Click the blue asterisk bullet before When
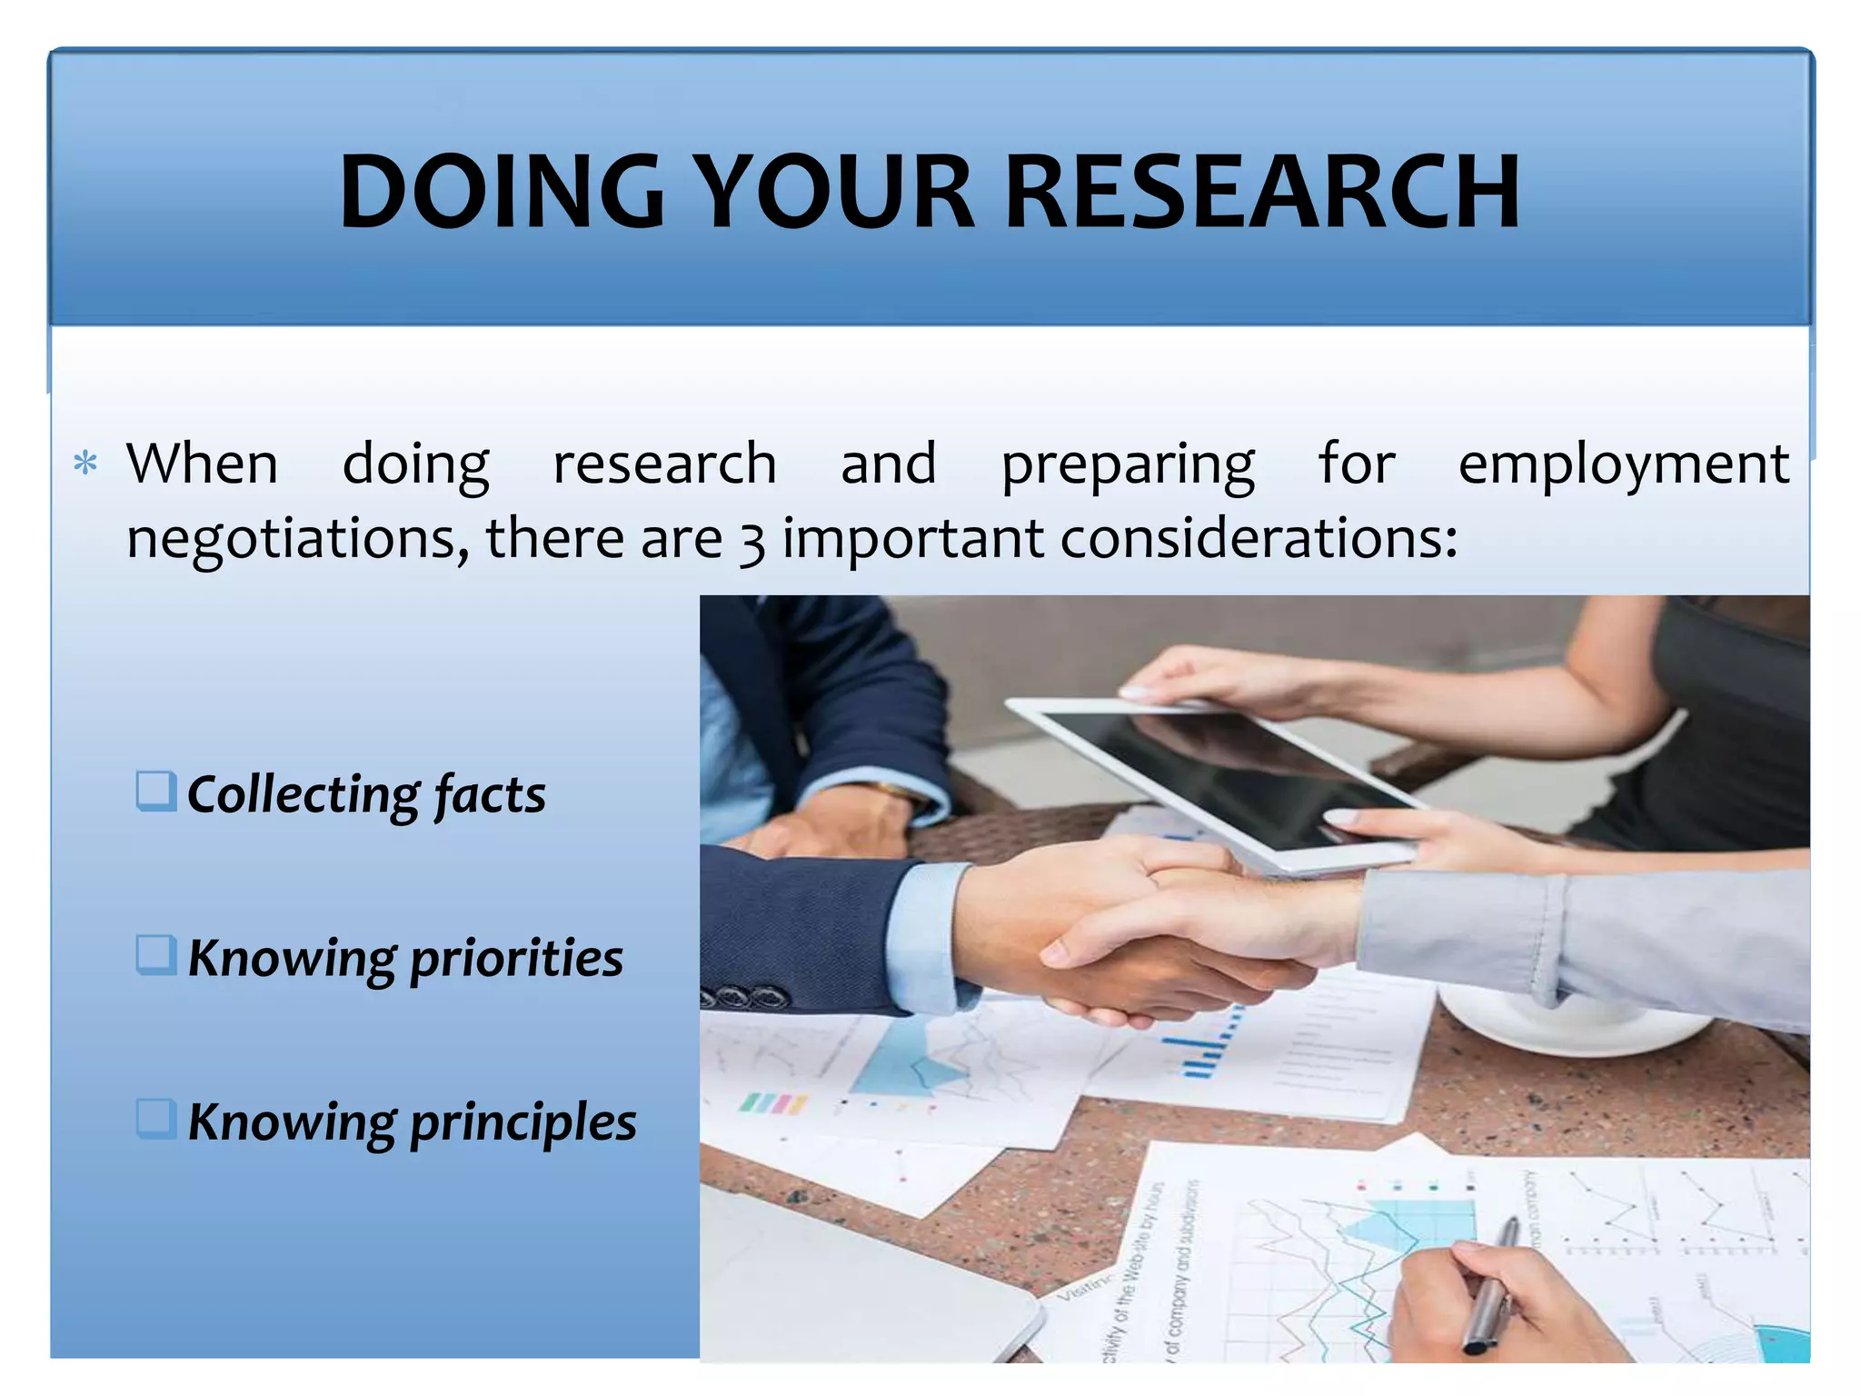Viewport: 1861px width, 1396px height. [x=85, y=464]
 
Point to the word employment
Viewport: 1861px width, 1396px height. [x=1623, y=465]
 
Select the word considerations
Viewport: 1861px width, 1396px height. [x=1259, y=538]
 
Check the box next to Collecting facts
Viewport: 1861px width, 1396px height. [x=155, y=791]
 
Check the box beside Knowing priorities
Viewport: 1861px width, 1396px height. [x=155, y=955]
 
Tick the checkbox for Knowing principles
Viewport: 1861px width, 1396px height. [x=155, y=1119]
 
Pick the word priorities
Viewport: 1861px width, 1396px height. [x=516, y=960]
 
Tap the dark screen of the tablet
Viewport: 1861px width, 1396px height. [x=1227, y=773]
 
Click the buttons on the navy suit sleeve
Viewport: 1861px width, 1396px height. [x=750, y=997]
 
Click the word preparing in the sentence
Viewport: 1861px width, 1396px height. [x=1128, y=465]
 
